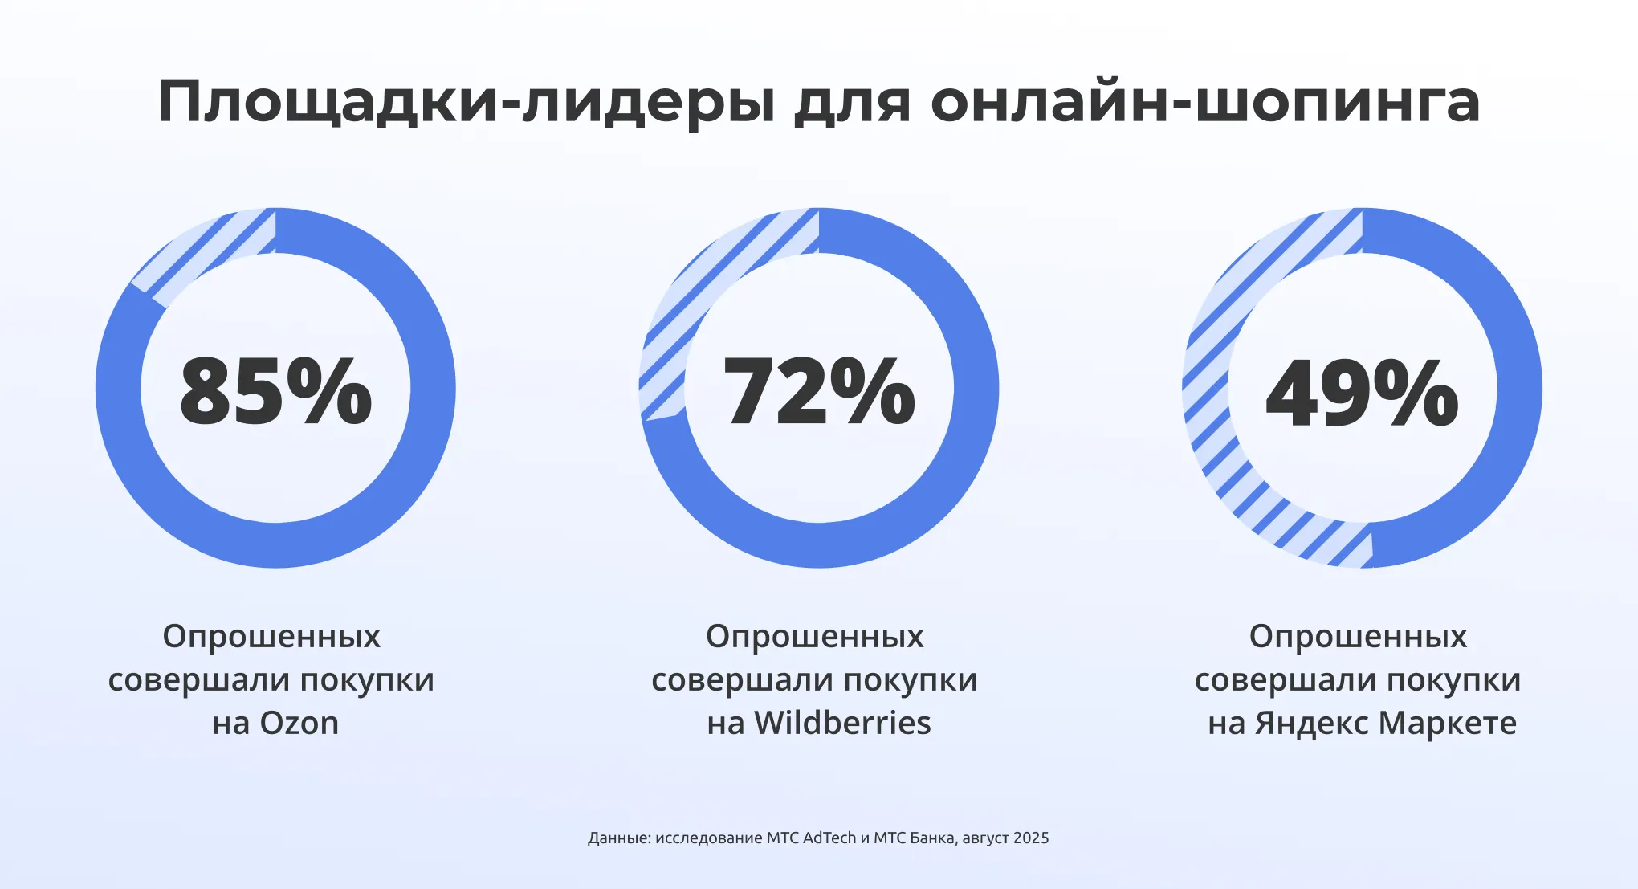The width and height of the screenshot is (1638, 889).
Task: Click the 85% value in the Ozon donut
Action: (275, 391)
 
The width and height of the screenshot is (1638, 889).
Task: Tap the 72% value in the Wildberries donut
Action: (818, 391)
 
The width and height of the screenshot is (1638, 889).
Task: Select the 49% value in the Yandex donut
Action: (1362, 391)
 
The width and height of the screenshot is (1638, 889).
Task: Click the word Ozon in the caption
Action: (299, 724)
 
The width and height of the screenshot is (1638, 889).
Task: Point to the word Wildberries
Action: (842, 724)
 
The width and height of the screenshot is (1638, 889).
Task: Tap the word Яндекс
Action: (1312, 724)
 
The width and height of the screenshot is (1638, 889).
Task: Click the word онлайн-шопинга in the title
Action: (1205, 103)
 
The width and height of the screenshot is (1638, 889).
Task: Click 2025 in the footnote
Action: (1031, 838)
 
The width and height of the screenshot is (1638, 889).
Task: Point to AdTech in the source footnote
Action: (829, 838)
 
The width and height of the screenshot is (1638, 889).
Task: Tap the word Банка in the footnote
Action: (932, 838)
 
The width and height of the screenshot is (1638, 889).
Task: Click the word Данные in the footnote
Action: (618, 838)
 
